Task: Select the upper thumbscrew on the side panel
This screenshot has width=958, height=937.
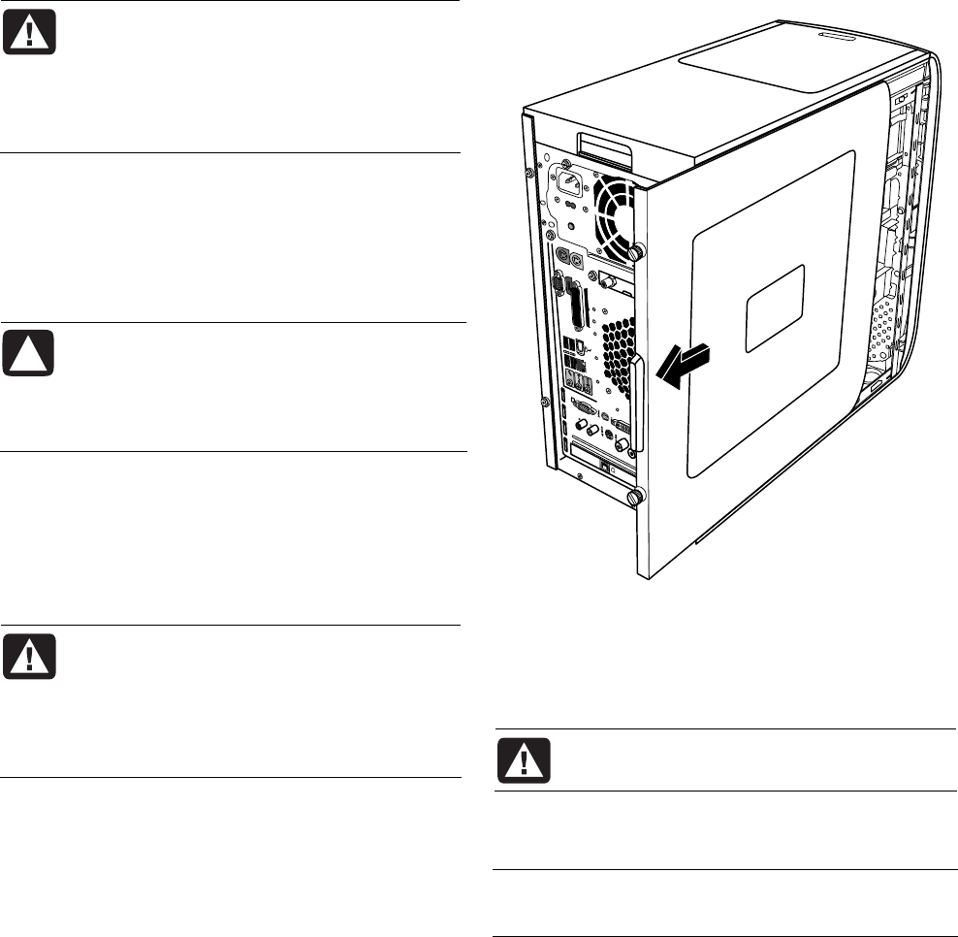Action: pyautogui.click(x=636, y=252)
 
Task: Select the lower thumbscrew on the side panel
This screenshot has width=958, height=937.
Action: pyautogui.click(x=636, y=499)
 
